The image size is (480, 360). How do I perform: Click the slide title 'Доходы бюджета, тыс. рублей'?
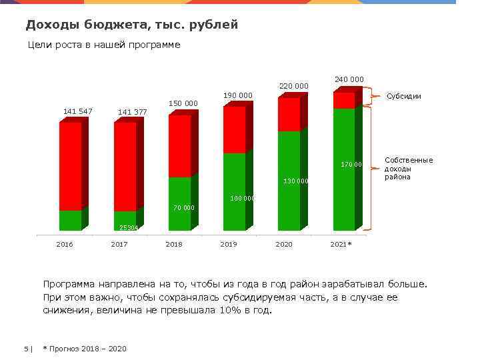(131, 25)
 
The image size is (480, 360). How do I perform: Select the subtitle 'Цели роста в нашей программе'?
(104, 45)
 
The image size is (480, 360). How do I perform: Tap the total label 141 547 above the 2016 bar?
(77, 111)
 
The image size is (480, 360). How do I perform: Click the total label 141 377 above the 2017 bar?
(132, 112)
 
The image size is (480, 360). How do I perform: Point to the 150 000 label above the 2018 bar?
(183, 103)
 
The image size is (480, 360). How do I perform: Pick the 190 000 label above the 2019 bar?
(238, 95)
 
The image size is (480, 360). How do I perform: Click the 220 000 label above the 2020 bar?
(293, 86)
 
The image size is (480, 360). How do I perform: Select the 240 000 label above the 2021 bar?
(349, 79)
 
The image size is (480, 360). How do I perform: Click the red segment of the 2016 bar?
(70, 167)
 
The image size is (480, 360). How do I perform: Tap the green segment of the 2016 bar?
(70, 220)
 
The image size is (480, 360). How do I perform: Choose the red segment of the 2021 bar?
(343, 100)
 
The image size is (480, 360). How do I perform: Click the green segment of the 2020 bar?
(289, 180)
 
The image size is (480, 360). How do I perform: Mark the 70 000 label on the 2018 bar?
(183, 208)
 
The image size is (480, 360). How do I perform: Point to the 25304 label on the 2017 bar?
(128, 227)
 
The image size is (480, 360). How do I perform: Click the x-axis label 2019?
(229, 245)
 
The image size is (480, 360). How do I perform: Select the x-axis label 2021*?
(341, 245)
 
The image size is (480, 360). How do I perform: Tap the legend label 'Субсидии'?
(404, 96)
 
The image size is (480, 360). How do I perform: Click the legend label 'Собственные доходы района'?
(409, 169)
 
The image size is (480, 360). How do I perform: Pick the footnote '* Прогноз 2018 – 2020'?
(85, 349)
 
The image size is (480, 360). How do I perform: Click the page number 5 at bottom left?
(26, 349)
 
